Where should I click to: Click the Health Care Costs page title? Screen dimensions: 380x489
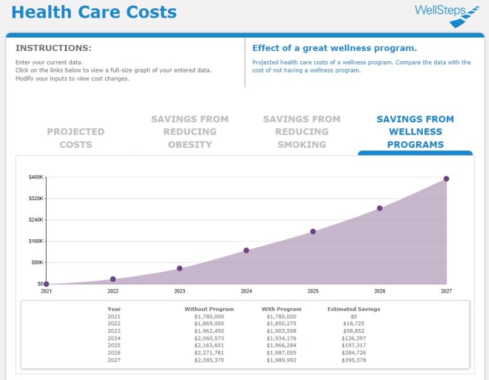coord(94,12)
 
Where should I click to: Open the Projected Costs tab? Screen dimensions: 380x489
coord(76,138)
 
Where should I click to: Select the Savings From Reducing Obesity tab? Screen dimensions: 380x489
coord(190,131)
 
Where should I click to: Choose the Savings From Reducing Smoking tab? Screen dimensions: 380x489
coord(302,131)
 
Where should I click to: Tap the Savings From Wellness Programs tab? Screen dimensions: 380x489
coord(415,131)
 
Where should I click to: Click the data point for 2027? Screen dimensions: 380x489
coord(446,179)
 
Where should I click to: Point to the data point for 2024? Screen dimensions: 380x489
coord(246,251)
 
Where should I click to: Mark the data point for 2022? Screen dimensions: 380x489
coord(113,279)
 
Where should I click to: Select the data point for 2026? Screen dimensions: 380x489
coord(379,208)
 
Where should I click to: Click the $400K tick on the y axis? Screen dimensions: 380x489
coord(36,177)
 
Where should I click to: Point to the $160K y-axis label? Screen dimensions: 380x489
coord(36,241)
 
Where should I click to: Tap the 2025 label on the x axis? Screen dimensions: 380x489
coord(313,291)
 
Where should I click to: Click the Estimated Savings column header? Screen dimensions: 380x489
coord(353,309)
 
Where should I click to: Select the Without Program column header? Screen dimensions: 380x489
coord(209,309)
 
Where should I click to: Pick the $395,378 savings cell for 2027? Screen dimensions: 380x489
coord(354,360)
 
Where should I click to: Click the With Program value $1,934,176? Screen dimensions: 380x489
coord(281,339)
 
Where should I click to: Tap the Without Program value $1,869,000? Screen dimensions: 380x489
coord(209,324)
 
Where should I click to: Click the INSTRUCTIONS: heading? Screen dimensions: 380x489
coord(53,48)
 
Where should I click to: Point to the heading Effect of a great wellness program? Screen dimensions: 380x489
coord(334,48)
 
